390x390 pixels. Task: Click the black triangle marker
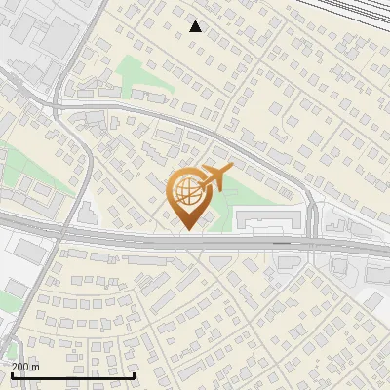pyautogui.click(x=196, y=26)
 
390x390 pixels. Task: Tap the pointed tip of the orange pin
pyautogui.click(x=188, y=230)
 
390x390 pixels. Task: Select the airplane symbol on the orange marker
pyautogui.click(x=213, y=179)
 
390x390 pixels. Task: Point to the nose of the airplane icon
pyautogui.click(x=230, y=172)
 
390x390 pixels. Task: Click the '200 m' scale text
pyautogui.click(x=25, y=367)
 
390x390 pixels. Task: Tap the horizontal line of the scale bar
pyautogui.click(x=72, y=374)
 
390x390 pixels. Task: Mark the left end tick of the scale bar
pyautogui.click(x=11, y=373)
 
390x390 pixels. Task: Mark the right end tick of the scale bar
pyautogui.click(x=134, y=373)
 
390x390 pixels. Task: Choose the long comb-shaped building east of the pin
pyautogui.click(x=268, y=218)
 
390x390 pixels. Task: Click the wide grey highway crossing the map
pyautogui.click(x=117, y=236)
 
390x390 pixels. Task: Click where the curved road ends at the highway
pyautogui.click(x=312, y=240)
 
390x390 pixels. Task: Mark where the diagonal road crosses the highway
pyautogui.click(x=60, y=232)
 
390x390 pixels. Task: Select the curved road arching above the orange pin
pyautogui.click(x=195, y=126)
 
